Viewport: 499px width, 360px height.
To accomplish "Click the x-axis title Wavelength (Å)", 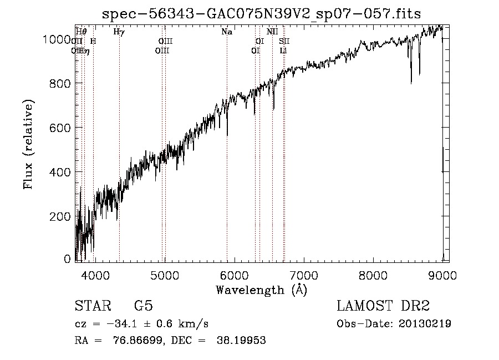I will pyautogui.click(x=261, y=290).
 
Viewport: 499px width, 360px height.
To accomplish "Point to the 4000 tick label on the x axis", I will pyautogui.click(x=95, y=276).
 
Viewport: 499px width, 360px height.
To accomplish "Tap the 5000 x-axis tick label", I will pyautogui.click(x=165, y=276).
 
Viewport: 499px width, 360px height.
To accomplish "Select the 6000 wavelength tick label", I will pyautogui.click(x=234, y=276).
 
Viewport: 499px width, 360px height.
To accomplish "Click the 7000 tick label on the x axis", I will pyautogui.click(x=303, y=276).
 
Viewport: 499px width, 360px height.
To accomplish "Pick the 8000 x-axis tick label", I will pyautogui.click(x=373, y=276).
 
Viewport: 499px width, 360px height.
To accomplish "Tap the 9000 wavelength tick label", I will pyautogui.click(x=442, y=276).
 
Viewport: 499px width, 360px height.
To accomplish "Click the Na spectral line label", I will pyautogui.click(x=227, y=32).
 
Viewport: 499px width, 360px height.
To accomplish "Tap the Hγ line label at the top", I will pyautogui.click(x=119, y=32).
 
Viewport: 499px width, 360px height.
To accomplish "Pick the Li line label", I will pyautogui.click(x=283, y=50).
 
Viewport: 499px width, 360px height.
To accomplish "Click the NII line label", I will pyautogui.click(x=272, y=32).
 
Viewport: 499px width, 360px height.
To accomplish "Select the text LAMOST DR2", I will pyautogui.click(x=383, y=306).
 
